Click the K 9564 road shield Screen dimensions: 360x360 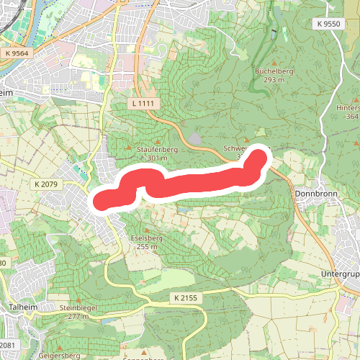[x=21, y=53]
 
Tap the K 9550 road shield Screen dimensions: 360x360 [x=326, y=24]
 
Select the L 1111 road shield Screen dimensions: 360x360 [x=143, y=104]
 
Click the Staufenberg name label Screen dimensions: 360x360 [x=156, y=150]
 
